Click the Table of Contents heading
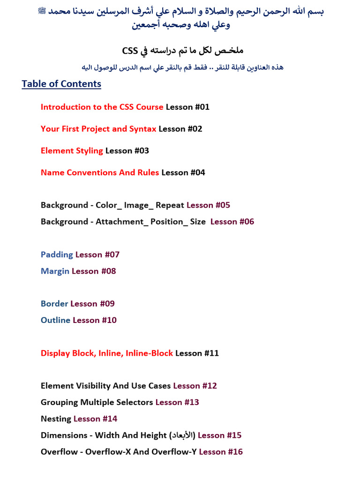[61, 84]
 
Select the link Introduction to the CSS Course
[102, 107]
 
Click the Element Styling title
[72, 151]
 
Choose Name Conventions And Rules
[100, 172]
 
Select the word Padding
[57, 255]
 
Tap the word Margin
[55, 271]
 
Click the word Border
[54, 304]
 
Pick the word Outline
[55, 321]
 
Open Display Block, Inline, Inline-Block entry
[107, 353]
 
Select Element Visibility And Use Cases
[105, 386]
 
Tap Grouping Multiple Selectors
[97, 403]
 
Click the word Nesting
[56, 419]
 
